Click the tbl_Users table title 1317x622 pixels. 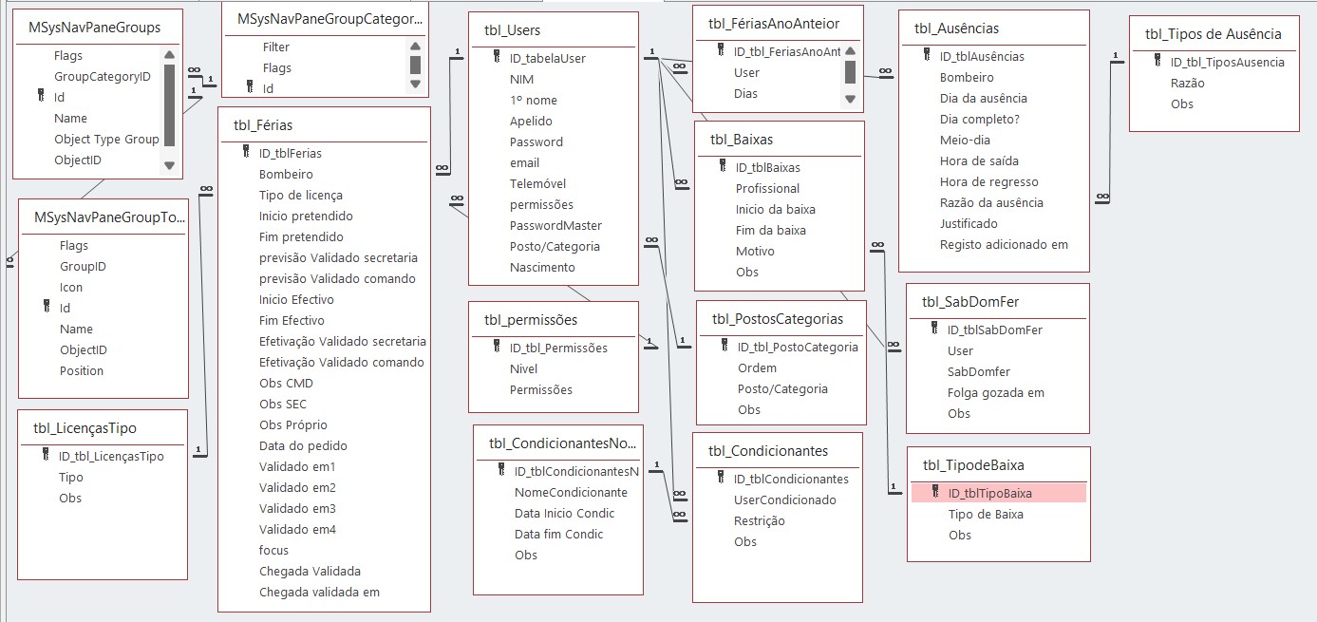(512, 30)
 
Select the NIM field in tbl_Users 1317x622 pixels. (521, 80)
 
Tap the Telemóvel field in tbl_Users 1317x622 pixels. (537, 183)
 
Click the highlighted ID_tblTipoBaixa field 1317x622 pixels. (989, 493)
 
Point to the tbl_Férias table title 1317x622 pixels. (263, 125)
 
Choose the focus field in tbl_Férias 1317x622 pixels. (273, 550)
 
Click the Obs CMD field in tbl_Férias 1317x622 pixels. (286, 384)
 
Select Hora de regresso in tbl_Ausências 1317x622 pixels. (988, 181)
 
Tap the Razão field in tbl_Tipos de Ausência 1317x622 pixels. (1187, 83)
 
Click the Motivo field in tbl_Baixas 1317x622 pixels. (755, 251)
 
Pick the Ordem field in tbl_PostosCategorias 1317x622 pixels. (758, 368)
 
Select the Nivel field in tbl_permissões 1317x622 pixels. (523, 368)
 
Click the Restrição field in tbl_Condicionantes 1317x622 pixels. (759, 521)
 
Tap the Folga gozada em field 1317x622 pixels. (995, 393)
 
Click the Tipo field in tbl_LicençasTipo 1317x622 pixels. (70, 478)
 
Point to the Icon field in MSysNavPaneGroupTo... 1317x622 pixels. (70, 288)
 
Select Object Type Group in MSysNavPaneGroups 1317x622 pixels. (106, 140)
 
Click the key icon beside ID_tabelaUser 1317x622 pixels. (497, 57)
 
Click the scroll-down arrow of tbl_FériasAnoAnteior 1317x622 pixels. (850, 99)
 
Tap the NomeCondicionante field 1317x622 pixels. (571, 493)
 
